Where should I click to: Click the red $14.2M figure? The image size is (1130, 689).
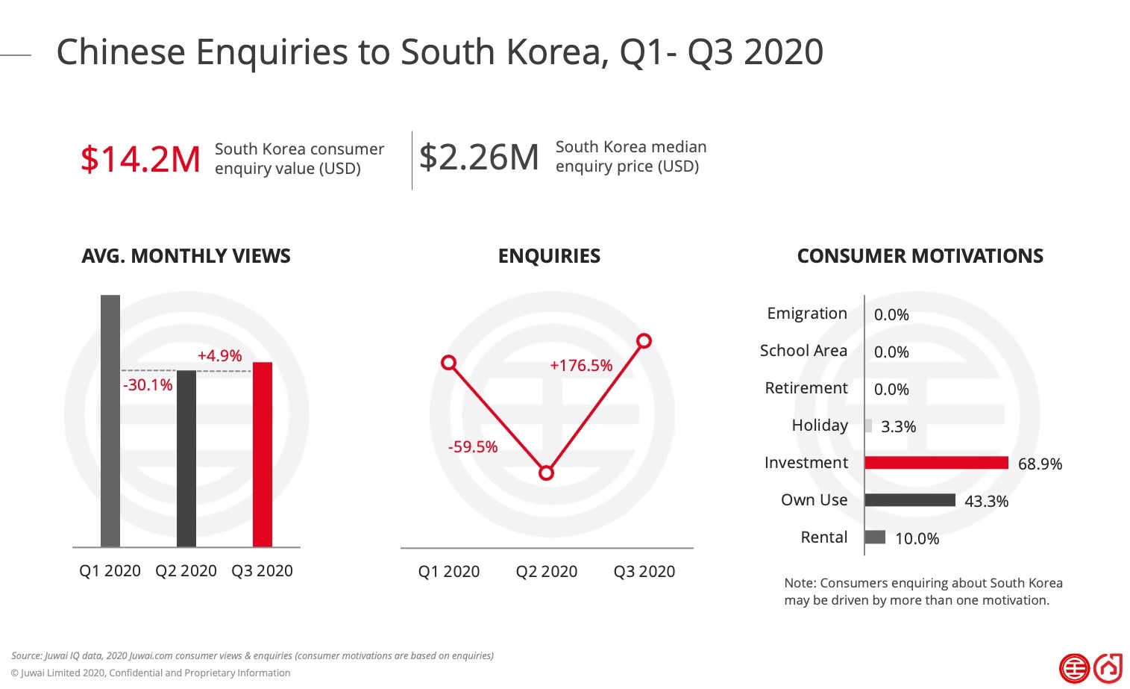(140, 160)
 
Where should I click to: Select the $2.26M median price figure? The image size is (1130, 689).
(479, 157)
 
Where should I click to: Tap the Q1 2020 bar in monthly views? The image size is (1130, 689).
(110, 421)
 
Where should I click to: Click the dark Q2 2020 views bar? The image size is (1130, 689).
(186, 459)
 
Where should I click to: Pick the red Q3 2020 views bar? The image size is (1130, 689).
(263, 455)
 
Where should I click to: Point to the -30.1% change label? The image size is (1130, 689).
(148, 385)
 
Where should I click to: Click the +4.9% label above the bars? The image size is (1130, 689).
(219, 355)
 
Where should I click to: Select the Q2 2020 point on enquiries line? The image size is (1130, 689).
(546, 473)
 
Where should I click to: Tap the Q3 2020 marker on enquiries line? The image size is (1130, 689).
(644, 341)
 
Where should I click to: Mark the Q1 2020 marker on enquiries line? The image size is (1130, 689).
(449, 363)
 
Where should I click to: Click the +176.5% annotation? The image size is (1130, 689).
(581, 366)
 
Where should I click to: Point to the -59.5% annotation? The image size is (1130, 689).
(473, 446)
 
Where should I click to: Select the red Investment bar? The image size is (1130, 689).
(937, 462)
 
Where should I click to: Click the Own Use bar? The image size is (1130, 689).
(910, 499)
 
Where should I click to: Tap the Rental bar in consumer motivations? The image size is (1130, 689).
(875, 537)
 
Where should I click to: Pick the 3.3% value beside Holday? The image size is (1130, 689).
(898, 427)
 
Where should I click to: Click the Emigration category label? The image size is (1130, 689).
(807, 314)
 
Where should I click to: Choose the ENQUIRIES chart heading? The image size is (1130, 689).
(550, 256)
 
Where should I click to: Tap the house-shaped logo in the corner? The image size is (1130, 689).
(1108, 668)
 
